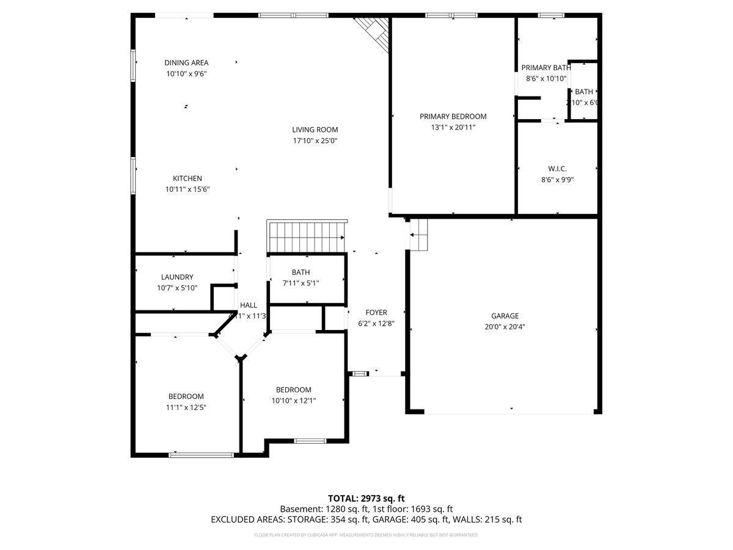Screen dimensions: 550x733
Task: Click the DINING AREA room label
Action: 186,62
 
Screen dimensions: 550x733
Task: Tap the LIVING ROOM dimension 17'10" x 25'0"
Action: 315,141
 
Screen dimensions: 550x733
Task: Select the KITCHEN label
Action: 187,178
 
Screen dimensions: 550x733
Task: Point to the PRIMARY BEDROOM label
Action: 453,116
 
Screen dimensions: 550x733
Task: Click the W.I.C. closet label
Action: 558,168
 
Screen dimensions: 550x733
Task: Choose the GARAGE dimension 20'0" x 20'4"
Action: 505,327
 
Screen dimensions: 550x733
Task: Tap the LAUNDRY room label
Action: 177,277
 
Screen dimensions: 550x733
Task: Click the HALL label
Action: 249,305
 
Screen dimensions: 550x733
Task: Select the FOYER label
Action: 376,312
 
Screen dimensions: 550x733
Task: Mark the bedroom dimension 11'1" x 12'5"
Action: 186,408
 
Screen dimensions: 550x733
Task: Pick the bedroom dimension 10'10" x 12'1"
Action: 293,401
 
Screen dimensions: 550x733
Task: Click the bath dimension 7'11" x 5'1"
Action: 301,283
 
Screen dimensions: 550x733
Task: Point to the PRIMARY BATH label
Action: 545,68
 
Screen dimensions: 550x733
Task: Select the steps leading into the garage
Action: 419,233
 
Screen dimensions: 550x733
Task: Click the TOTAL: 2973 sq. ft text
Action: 366,498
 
